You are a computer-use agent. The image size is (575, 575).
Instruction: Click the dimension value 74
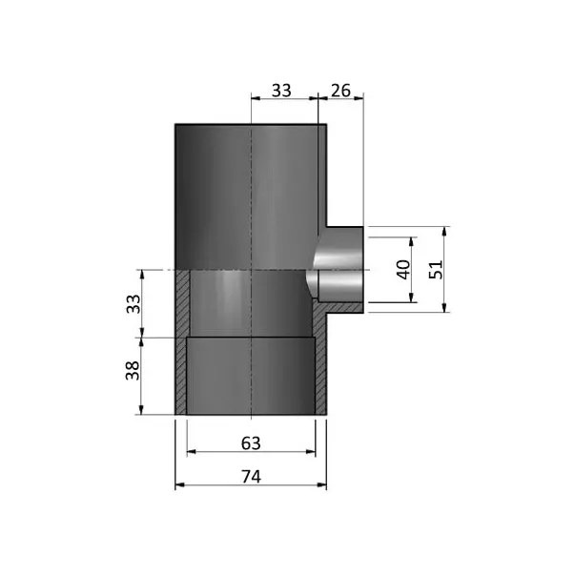pyautogui.click(x=251, y=477)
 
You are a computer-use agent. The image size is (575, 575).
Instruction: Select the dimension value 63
pyautogui.click(x=251, y=443)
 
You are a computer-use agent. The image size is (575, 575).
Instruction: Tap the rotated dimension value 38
pyautogui.click(x=133, y=370)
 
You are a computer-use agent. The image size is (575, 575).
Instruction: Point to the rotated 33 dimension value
pyautogui.click(x=133, y=304)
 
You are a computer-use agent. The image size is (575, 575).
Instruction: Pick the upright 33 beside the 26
pyautogui.click(x=281, y=91)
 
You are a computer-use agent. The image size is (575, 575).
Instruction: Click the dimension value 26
pyautogui.click(x=340, y=91)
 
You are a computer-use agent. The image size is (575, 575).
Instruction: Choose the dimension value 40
pyautogui.click(x=403, y=270)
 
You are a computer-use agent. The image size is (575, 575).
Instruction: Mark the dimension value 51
pyautogui.click(x=436, y=270)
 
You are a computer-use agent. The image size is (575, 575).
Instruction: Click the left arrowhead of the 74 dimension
pyautogui.click(x=179, y=485)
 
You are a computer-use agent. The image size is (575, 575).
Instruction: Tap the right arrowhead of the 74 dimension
pyautogui.click(x=322, y=485)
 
